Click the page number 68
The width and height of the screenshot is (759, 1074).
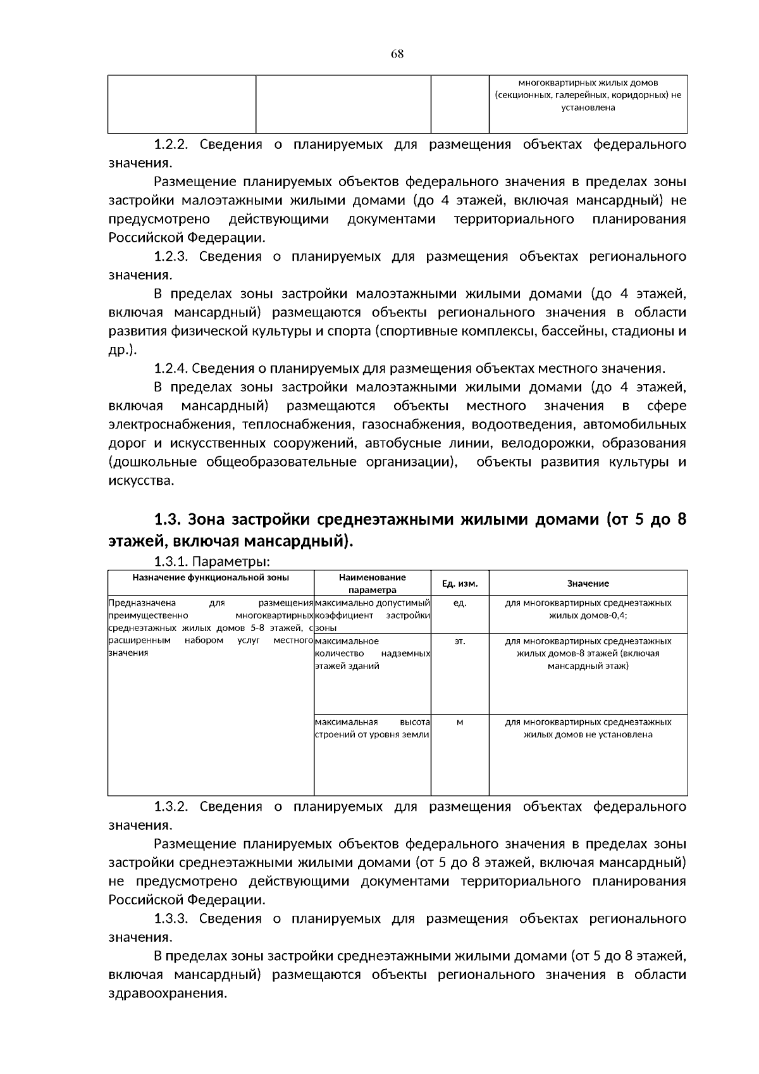click(x=397, y=54)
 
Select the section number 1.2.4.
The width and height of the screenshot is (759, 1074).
click(x=171, y=369)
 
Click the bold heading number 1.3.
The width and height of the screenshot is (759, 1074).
click(x=168, y=520)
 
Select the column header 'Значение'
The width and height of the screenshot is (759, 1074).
click(x=588, y=584)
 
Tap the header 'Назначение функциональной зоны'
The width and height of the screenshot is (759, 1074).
click(x=211, y=578)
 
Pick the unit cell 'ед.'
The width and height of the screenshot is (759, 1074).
click(x=460, y=603)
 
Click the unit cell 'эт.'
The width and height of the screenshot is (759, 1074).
click(x=460, y=641)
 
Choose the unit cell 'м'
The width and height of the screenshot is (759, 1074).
click(x=460, y=722)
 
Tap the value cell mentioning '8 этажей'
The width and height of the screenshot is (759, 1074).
click(x=588, y=654)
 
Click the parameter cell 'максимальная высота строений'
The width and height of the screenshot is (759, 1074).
click(x=372, y=728)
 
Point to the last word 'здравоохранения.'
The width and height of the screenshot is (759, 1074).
click(x=168, y=994)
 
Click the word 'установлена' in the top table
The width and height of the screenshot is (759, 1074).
click(x=588, y=108)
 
